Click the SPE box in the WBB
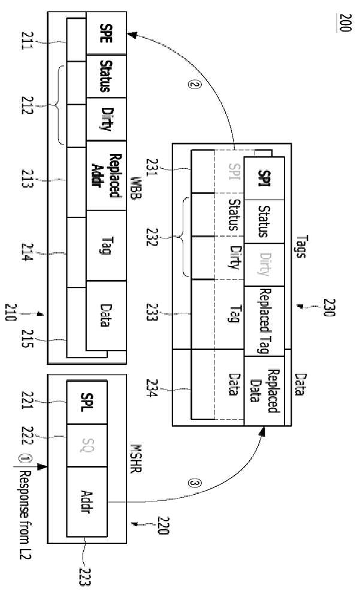(106, 33)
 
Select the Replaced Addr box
(106, 176)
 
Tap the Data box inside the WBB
(106, 315)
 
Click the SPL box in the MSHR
(87, 403)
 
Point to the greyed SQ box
(87, 446)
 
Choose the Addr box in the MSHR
(87, 502)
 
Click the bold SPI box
(264, 178)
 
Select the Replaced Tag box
(264, 321)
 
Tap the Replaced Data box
(264, 391)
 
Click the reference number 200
(345, 23)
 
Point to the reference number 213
(28, 179)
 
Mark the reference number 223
(85, 577)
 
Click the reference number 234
(152, 388)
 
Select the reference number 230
(329, 308)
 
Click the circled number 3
(195, 484)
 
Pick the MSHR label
(135, 458)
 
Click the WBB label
(135, 188)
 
